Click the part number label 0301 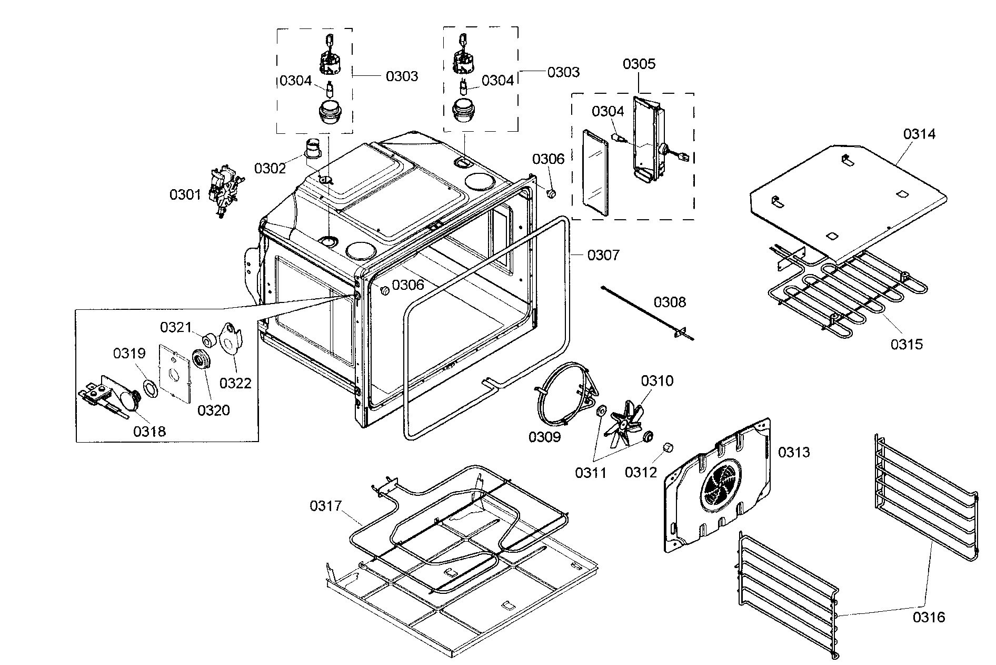click(x=185, y=195)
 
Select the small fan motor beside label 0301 click(x=225, y=192)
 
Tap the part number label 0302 click(x=270, y=168)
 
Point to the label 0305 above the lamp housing click(x=639, y=64)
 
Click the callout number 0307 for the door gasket click(x=603, y=256)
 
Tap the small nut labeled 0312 click(x=669, y=447)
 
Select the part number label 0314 click(x=920, y=134)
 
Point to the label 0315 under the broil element click(x=907, y=344)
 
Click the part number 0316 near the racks click(x=929, y=617)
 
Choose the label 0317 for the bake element click(x=325, y=506)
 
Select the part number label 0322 click(x=235, y=383)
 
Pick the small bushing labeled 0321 click(x=208, y=340)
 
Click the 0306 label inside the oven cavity click(x=407, y=285)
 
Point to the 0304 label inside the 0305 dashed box click(x=607, y=111)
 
